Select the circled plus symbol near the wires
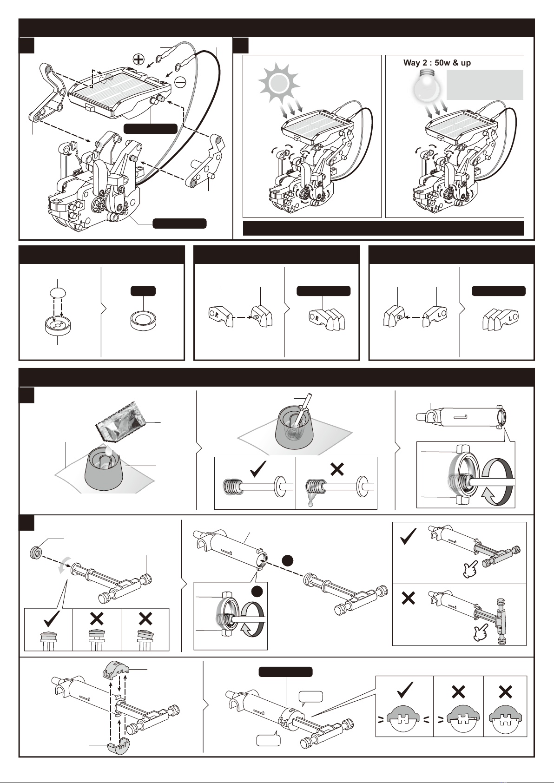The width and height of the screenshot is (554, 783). click(x=138, y=59)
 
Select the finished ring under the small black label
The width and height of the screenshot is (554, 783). click(x=143, y=321)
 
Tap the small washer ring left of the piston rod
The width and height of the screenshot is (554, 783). click(x=36, y=552)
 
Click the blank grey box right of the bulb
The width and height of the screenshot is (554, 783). click(x=485, y=85)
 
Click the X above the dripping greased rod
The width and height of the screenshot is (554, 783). click(x=336, y=470)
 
